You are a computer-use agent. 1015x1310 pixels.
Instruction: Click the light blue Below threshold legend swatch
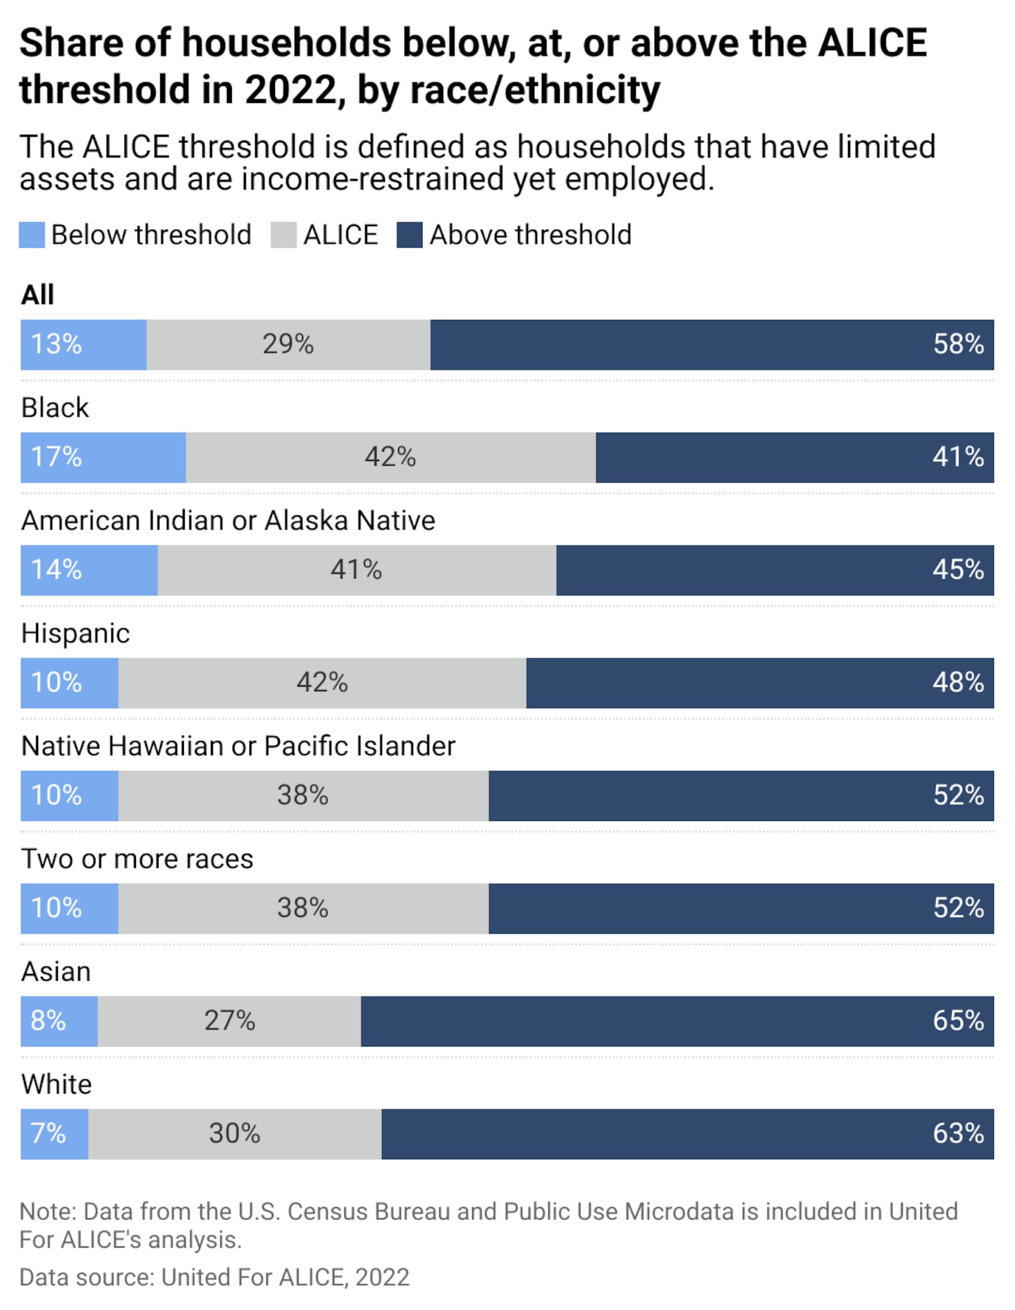[x=32, y=235]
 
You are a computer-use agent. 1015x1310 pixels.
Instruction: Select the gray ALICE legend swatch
[x=283, y=235]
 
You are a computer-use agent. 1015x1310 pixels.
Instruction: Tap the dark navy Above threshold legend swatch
[x=410, y=235]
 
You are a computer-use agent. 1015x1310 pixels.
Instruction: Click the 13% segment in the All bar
[x=83, y=345]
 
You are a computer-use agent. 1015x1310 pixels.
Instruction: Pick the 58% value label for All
[x=958, y=345]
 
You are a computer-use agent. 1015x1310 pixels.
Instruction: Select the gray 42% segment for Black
[x=390, y=457]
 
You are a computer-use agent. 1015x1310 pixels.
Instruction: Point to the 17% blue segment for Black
[x=103, y=457]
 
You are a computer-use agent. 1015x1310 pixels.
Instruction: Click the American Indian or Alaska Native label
[x=228, y=521]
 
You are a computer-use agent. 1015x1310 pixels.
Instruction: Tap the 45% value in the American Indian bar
[x=958, y=570]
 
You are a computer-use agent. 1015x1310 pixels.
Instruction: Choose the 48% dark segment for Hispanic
[x=760, y=683]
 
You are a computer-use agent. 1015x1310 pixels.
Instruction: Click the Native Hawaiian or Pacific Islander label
[x=238, y=746]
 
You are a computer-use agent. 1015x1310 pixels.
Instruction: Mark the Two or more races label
[x=137, y=859]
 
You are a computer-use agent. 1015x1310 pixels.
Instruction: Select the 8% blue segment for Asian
[x=59, y=1021]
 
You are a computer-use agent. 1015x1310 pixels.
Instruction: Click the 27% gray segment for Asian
[x=230, y=1021]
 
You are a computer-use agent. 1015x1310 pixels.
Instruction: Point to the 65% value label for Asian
[x=958, y=1021]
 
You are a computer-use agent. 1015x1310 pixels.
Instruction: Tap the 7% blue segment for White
[x=54, y=1134]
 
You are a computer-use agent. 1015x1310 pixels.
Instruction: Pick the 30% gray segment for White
[x=235, y=1134]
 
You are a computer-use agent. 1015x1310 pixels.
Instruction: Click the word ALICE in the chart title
[x=872, y=44]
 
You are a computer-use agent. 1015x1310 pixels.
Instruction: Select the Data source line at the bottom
[x=214, y=1278]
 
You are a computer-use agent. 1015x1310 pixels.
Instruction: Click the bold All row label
[x=37, y=295]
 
